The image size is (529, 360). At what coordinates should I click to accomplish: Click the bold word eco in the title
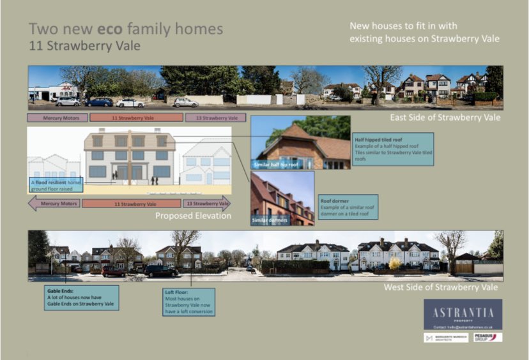pos(109,29)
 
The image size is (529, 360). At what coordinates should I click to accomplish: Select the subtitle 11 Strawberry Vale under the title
pos(85,46)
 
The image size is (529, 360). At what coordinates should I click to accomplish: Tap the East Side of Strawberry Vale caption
pos(445,117)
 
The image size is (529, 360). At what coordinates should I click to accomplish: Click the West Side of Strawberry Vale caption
pos(441,288)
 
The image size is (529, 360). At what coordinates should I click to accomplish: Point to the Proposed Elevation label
pos(193,216)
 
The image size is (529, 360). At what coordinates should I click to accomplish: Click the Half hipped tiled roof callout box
pos(393,149)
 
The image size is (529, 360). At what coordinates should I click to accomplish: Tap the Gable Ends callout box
pos(73,297)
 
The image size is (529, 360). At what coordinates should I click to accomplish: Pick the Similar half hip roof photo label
pos(275,163)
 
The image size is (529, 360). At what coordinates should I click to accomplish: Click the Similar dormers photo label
pos(269,220)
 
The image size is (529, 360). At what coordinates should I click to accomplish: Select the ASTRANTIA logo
pos(463,312)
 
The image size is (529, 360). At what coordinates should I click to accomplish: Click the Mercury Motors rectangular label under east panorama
pos(57,117)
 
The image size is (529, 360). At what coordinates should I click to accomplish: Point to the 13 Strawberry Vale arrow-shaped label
pos(206,204)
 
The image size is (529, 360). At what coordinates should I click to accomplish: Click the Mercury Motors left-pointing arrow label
pos(54,204)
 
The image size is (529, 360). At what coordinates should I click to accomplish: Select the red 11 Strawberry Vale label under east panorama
pos(135,117)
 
